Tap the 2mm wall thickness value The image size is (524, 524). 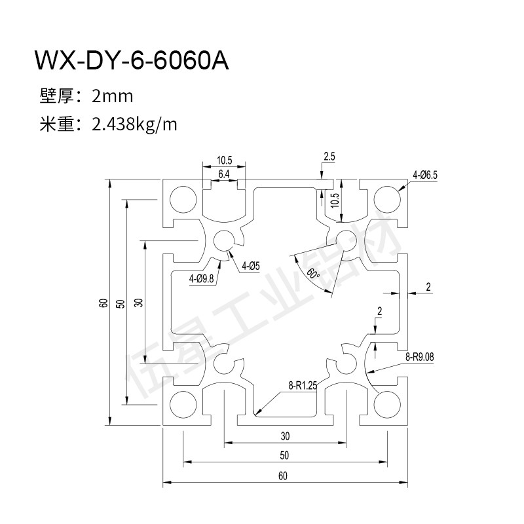tap(113, 97)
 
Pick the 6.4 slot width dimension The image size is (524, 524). tap(223, 174)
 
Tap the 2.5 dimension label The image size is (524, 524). tap(329, 157)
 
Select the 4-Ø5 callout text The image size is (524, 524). tap(251, 266)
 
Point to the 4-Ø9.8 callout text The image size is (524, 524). tap(202, 279)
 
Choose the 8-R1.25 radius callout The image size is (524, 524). tap(302, 386)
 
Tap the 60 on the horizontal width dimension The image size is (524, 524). tap(283, 476)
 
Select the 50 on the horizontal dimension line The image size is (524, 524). tap(283, 456)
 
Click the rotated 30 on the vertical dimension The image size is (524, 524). tap(138, 303)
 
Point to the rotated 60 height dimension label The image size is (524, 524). tap(103, 303)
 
